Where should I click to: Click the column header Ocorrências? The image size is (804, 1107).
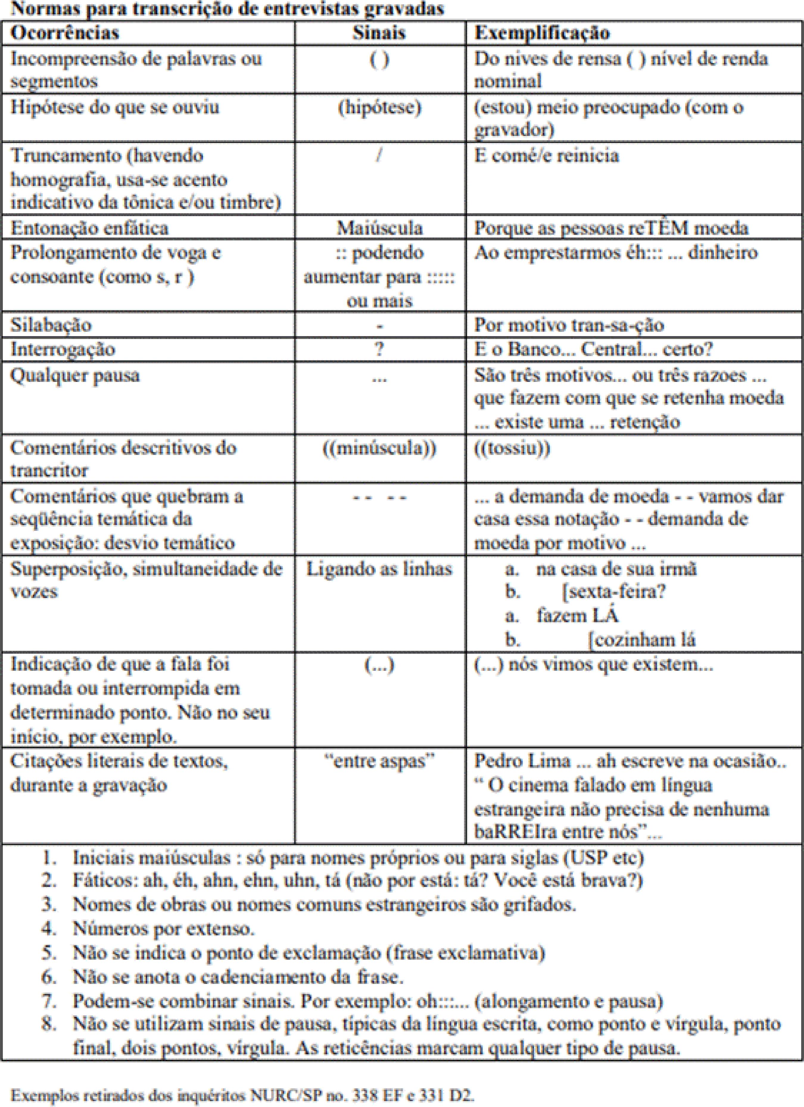click(x=65, y=33)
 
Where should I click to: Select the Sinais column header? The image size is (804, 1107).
click(x=379, y=33)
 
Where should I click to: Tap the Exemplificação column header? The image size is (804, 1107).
click(x=542, y=33)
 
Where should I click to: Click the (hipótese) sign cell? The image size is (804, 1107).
click(x=379, y=107)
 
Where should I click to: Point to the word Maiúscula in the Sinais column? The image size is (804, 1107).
click(x=379, y=228)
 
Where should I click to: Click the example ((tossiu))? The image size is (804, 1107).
click(x=512, y=448)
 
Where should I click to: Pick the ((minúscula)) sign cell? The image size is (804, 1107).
click(x=379, y=448)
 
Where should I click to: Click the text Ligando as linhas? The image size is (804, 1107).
click(x=379, y=569)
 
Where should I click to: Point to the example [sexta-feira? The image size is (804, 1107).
click(x=613, y=592)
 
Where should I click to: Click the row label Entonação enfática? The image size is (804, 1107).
click(x=89, y=228)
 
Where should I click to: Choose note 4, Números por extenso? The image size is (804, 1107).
click(x=163, y=928)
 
